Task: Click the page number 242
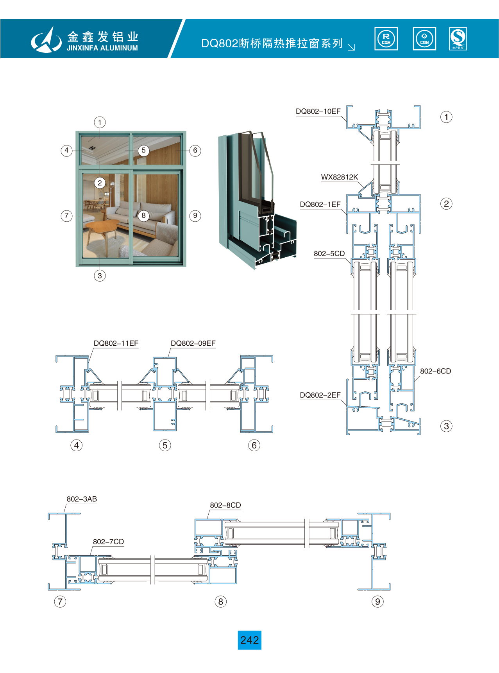[249, 640]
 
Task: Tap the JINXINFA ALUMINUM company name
[102, 48]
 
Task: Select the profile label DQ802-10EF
[318, 111]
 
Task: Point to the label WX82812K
[339, 177]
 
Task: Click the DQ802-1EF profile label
[320, 205]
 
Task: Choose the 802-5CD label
[329, 254]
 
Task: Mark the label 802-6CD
[435, 371]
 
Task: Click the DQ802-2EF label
[320, 395]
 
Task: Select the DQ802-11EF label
[116, 343]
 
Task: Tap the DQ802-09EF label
[193, 343]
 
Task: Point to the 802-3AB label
[82, 499]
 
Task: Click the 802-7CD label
[108, 542]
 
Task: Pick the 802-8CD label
[225, 505]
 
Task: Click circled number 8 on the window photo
[144, 215]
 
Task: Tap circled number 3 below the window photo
[100, 276]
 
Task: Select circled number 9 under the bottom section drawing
[377, 601]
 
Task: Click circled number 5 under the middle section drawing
[165, 445]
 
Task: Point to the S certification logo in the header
[458, 39]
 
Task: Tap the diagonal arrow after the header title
[351, 47]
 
